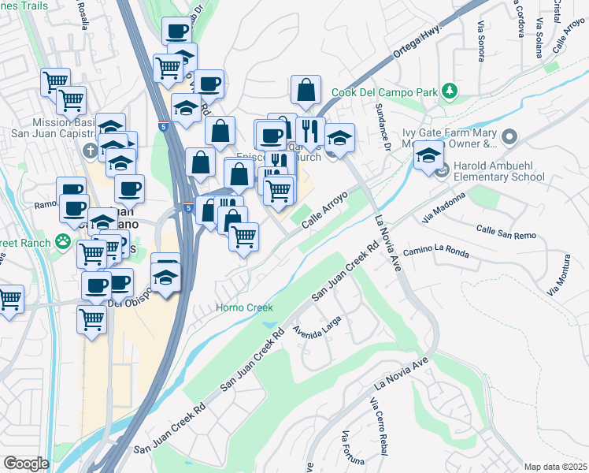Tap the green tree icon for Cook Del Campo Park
pos(450,92)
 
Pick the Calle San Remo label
pos(506,232)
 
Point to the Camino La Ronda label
pos(435,252)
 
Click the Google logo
pos(26,464)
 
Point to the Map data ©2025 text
pos(556,467)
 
